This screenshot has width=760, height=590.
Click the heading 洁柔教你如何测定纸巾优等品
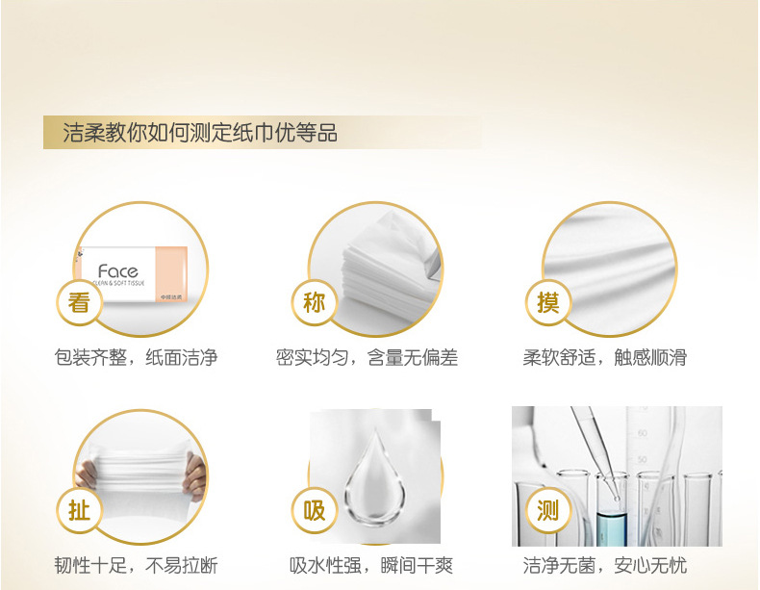(x=200, y=133)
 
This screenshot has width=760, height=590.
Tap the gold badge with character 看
(x=79, y=303)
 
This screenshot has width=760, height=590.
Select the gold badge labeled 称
(x=314, y=303)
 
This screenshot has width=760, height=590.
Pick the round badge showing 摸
(x=548, y=303)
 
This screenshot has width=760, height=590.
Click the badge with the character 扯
(x=79, y=510)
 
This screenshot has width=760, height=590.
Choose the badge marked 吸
(x=314, y=510)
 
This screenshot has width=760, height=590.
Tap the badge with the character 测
(x=548, y=510)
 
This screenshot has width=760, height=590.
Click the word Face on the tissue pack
(x=117, y=271)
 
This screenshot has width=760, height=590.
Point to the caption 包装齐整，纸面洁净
(x=136, y=358)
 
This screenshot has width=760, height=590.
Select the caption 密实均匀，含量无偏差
(x=367, y=358)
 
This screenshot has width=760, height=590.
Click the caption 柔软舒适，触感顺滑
(x=604, y=358)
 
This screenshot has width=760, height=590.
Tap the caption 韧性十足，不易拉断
(x=136, y=565)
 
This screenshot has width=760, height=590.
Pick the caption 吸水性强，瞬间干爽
(x=370, y=565)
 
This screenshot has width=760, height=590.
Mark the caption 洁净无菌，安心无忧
(x=604, y=565)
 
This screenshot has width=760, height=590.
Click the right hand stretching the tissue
(x=196, y=476)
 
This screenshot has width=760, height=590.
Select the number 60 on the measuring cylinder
(x=643, y=432)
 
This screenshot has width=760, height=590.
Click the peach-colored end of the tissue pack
(x=171, y=274)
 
